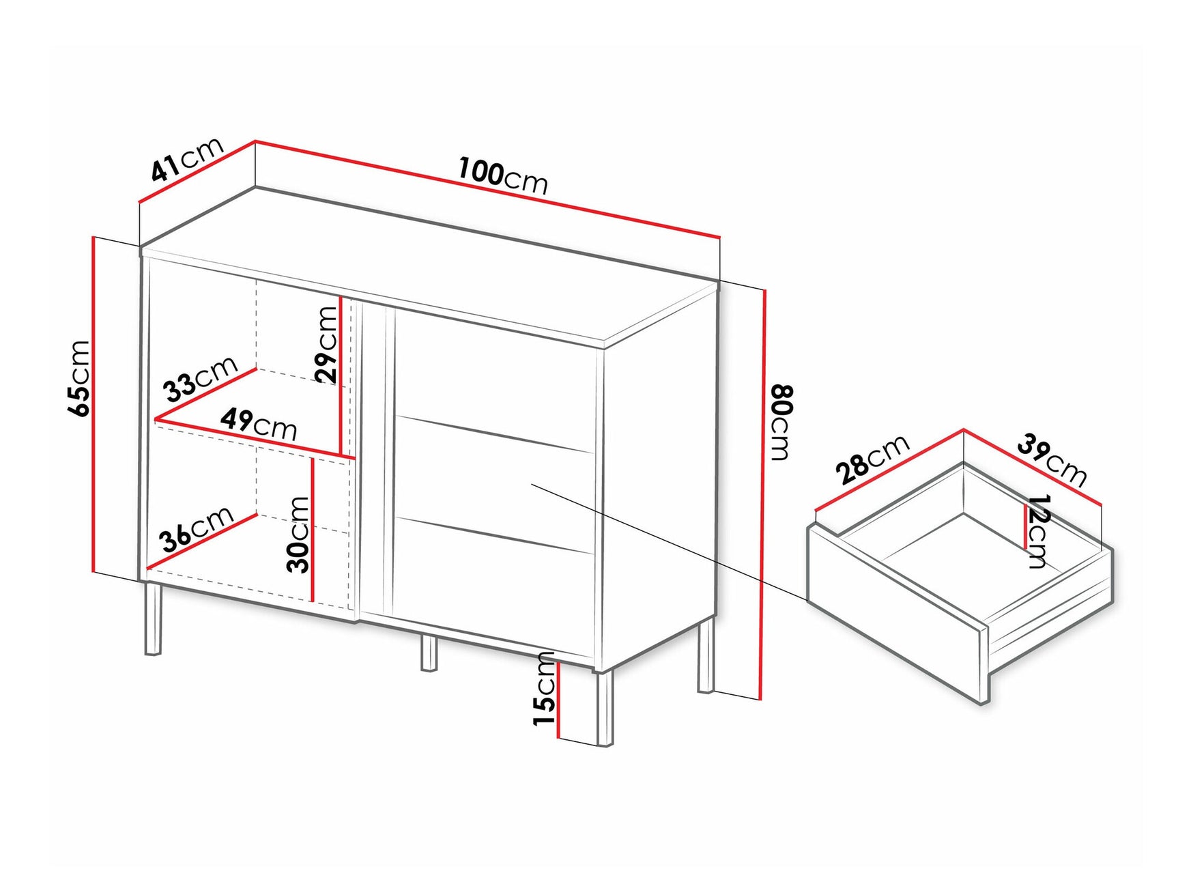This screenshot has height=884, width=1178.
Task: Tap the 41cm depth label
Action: tap(187, 159)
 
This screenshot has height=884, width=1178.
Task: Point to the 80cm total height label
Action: tap(781, 423)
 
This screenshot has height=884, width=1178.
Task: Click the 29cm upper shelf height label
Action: tap(327, 343)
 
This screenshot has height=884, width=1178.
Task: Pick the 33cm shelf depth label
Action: tap(200, 379)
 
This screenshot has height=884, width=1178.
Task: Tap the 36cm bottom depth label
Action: tap(197, 529)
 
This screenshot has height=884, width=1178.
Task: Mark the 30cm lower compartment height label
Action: tap(299, 534)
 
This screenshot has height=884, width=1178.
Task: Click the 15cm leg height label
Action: tap(545, 689)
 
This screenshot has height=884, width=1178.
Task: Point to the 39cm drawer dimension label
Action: tap(1051, 459)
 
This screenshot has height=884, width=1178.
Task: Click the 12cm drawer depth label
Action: tap(1037, 531)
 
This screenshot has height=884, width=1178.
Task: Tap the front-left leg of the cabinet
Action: tap(154, 618)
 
